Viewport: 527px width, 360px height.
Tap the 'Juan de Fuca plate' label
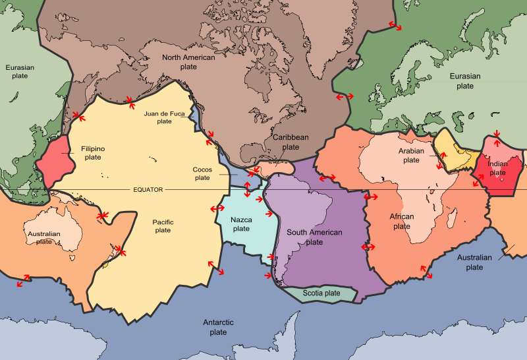(164, 117)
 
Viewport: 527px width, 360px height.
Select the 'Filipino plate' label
(93, 153)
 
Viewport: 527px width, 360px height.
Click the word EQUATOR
(148, 189)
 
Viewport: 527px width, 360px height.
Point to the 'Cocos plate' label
(202, 173)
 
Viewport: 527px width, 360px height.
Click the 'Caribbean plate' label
(291, 141)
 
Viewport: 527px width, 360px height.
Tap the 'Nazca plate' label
(241, 224)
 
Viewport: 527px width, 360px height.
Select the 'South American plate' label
(314, 237)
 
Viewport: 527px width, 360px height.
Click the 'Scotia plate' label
(321, 293)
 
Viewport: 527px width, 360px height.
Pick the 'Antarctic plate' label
(218, 327)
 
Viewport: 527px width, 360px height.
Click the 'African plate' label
(402, 222)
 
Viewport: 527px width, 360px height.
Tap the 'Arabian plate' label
(411, 156)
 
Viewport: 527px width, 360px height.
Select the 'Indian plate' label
(497, 168)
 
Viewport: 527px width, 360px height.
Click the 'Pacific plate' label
(163, 226)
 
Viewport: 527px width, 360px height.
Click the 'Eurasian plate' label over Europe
(465, 81)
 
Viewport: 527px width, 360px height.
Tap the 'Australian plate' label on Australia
(44, 237)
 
